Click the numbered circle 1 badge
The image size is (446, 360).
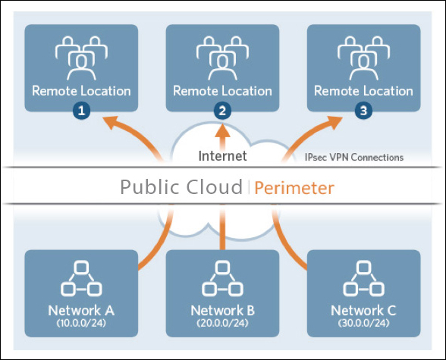coord(81,111)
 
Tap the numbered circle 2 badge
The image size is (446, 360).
coord(222,111)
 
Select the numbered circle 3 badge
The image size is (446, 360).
coord(363,111)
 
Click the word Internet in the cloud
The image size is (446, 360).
coord(222,155)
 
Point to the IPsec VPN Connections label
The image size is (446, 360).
coord(354,157)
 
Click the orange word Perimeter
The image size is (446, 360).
coord(294,188)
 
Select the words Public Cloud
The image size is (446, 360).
coord(181,187)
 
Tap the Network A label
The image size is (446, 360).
coord(81,310)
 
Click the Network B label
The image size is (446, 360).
coord(222,310)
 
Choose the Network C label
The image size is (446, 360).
coord(363,310)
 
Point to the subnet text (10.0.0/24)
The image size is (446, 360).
coord(81,323)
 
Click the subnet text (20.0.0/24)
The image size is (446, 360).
coord(222,323)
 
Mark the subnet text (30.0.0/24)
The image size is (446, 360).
coord(363,323)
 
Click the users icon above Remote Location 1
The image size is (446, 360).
coord(81,58)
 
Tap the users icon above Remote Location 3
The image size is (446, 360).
coord(363,58)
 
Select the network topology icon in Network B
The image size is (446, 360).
coord(222,279)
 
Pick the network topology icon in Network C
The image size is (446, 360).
coord(363,279)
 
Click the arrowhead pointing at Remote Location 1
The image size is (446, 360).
coord(111,123)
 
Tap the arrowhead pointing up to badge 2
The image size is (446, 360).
coord(222,130)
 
